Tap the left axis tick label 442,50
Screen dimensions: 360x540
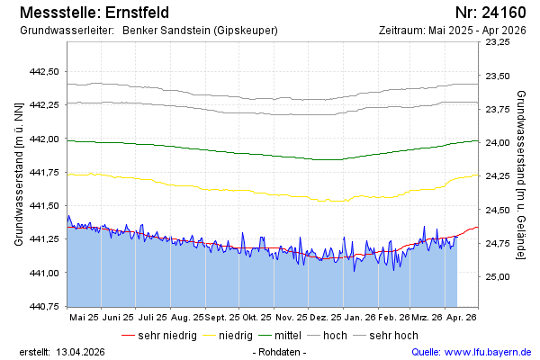pos(44,71)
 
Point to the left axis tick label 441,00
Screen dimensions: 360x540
pos(44,273)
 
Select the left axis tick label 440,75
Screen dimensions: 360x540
pos(44,306)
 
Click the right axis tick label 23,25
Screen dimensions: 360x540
pos(497,42)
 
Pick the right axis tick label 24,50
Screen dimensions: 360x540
pos(497,210)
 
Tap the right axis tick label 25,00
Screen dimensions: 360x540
pos(497,276)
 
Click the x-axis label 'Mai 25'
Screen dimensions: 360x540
pos(84,318)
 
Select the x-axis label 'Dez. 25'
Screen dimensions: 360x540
pos(325,318)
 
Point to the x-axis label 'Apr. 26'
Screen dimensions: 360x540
pos(461,318)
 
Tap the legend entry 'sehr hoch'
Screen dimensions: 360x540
pos(394,335)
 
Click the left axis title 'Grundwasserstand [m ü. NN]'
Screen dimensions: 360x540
pos(18,175)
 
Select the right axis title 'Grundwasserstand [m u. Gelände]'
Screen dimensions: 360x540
pos(521,175)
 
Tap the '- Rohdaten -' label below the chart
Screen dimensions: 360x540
pos(280,351)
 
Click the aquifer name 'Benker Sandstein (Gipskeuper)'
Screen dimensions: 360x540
pos(199,31)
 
